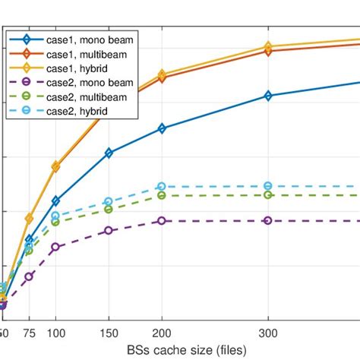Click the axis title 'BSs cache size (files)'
coord(180,350)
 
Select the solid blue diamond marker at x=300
coord(267,96)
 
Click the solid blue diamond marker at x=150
coord(109,153)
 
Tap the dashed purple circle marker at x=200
coord(162,220)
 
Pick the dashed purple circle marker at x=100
coord(55,247)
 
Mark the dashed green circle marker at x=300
coord(267,195)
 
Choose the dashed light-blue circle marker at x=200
coord(162,186)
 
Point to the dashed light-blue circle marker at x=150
coord(109,201)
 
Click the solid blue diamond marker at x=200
coord(162,129)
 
